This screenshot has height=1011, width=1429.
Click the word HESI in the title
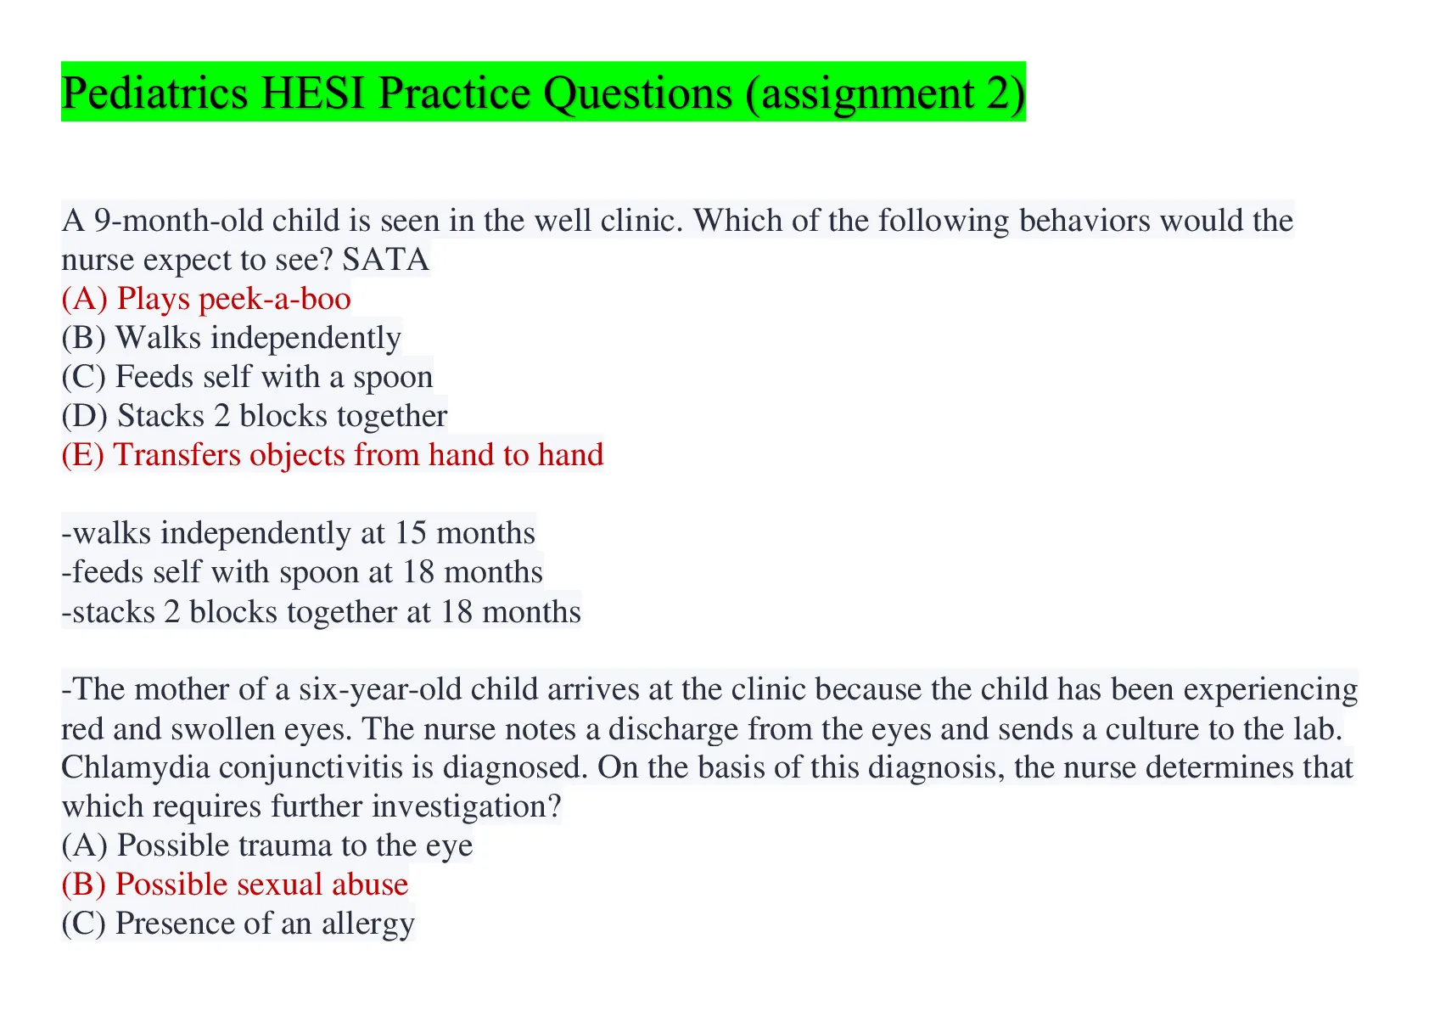312,93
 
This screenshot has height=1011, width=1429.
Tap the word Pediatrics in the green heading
154,93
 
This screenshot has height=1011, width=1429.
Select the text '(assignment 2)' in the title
885,94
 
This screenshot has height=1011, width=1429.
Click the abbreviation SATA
386,260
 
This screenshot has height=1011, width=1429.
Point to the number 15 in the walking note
410,533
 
